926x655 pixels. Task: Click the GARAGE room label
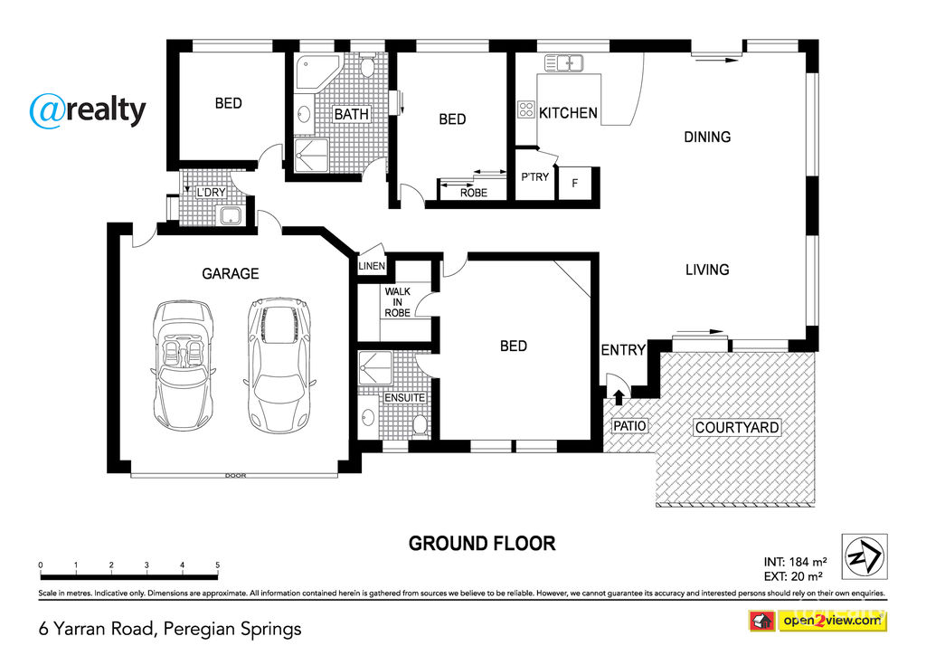(x=231, y=273)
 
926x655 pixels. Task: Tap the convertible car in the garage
(x=183, y=365)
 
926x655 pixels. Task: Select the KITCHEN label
(x=568, y=113)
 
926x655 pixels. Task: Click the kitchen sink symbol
(x=563, y=62)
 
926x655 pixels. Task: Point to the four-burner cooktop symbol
(x=526, y=109)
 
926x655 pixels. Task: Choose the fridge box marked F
(x=574, y=183)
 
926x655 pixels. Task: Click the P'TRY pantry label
(x=535, y=176)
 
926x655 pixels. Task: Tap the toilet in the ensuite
(x=420, y=425)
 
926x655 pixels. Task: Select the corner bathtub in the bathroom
(x=317, y=72)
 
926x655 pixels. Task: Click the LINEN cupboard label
(x=372, y=266)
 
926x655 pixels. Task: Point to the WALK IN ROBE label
(x=398, y=302)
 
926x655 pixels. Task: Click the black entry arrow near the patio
(x=619, y=397)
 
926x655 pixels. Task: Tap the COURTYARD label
(x=737, y=427)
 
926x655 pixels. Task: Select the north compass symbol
(x=865, y=556)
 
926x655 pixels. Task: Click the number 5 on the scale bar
(x=217, y=565)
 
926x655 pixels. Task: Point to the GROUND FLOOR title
(x=482, y=544)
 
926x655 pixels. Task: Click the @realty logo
(x=88, y=110)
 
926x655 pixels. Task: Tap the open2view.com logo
(x=817, y=621)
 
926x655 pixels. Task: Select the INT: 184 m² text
(x=795, y=562)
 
